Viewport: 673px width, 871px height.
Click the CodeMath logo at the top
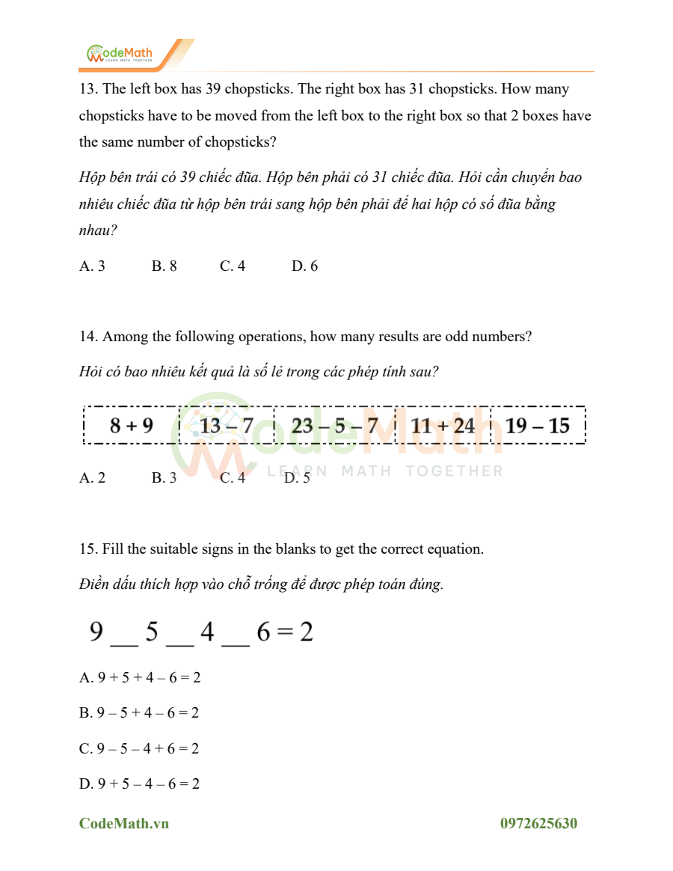120,54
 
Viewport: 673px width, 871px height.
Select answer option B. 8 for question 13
164,266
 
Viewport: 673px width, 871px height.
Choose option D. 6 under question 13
304,266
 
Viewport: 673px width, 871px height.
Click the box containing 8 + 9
132,426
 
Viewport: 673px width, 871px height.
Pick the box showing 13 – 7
227,426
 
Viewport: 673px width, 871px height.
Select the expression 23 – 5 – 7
334,426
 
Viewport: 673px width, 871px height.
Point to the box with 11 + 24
443,426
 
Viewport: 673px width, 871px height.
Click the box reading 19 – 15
538,426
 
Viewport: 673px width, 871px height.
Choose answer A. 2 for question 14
92,478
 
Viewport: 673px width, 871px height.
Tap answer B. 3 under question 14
164,478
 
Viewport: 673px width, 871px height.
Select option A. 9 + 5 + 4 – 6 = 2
140,678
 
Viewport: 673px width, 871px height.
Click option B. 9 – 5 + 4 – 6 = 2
139,713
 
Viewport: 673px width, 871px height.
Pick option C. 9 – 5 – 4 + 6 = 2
139,748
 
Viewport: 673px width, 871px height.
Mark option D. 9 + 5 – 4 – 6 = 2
140,784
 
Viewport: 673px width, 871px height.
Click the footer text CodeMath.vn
124,824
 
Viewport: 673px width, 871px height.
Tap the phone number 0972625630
538,824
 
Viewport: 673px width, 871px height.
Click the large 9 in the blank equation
96,633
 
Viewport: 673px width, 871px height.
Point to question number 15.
88,549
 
